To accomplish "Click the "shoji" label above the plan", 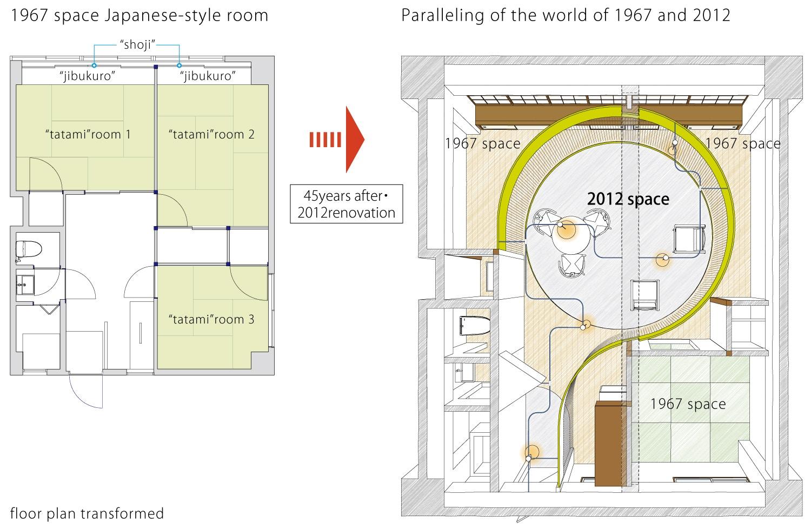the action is [137, 44].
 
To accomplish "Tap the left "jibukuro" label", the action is [87, 76].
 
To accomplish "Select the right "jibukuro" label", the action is [208, 76].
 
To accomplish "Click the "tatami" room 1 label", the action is [88, 135].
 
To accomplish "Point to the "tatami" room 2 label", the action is [211, 135].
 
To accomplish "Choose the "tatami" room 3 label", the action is [211, 319].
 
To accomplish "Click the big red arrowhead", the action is [355, 140].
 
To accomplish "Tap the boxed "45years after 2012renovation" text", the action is [346, 204].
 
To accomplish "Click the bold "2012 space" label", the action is [628, 199].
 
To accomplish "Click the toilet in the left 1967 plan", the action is [29, 250].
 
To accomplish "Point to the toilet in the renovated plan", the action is [474, 326].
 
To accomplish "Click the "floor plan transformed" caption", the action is [87, 513].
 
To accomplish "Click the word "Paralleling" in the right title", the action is [442, 15].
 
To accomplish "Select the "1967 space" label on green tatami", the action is [688, 404].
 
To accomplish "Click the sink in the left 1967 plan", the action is [25, 285].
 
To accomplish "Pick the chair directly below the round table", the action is [572, 265].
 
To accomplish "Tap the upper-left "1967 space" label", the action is [483, 143].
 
